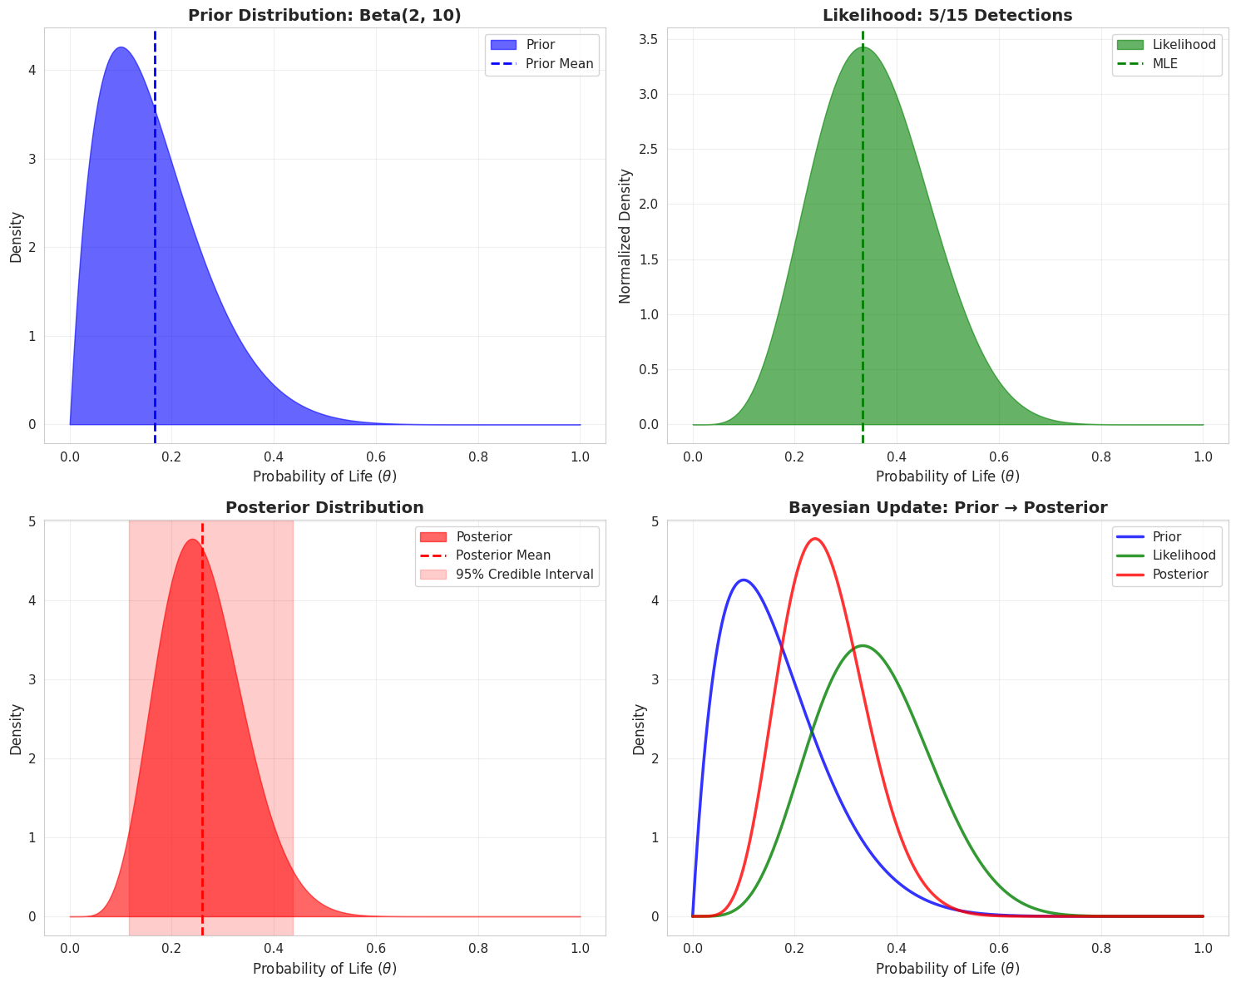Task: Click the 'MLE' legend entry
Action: (x=1164, y=63)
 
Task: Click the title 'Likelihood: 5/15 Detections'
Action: (x=947, y=15)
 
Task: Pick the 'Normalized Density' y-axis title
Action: (x=625, y=236)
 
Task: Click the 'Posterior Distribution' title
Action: (x=324, y=507)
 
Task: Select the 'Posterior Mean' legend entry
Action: (x=502, y=555)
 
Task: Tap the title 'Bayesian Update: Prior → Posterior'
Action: (x=947, y=507)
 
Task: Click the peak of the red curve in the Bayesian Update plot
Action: (x=815, y=539)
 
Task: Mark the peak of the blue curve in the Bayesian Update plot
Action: (x=744, y=580)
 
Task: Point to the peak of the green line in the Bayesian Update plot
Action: (x=863, y=645)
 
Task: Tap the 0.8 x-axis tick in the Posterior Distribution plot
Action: (x=478, y=947)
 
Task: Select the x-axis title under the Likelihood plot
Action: (x=947, y=476)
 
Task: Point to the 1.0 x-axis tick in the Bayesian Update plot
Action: (x=1203, y=947)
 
